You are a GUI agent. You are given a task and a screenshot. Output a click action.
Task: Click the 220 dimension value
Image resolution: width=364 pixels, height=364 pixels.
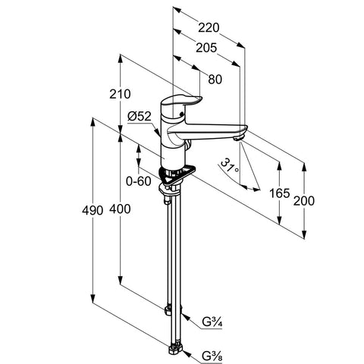209,27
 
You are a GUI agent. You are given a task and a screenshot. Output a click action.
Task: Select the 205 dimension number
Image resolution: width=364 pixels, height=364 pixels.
206,48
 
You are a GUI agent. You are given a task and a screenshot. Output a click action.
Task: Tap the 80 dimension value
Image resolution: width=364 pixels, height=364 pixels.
215,80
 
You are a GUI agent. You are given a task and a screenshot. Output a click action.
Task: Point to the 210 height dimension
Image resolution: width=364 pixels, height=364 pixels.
120,94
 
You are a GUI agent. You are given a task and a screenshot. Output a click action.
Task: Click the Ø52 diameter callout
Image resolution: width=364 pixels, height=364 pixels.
140,116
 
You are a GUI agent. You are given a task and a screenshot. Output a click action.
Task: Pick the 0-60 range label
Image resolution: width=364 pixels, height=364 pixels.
139,181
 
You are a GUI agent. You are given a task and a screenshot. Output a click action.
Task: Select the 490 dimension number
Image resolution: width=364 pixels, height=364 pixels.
93,210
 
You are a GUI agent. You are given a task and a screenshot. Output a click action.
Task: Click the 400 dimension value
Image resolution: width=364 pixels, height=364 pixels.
120,209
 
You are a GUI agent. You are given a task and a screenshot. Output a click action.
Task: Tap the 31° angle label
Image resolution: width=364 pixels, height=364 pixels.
230,166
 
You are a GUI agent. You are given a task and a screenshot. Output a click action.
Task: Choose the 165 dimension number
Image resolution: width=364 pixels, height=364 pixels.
279,193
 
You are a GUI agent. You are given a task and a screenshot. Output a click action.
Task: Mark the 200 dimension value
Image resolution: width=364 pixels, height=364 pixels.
304,201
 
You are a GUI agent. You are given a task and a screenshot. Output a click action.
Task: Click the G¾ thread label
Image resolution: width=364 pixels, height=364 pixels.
212,322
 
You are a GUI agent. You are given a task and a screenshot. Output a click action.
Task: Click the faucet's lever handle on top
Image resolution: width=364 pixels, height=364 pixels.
181,101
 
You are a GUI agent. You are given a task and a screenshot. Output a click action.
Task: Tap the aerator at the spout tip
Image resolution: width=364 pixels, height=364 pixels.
238,137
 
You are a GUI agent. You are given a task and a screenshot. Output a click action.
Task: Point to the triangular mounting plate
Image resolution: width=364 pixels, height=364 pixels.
177,175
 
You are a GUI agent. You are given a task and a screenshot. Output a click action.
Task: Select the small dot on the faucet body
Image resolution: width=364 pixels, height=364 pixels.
180,114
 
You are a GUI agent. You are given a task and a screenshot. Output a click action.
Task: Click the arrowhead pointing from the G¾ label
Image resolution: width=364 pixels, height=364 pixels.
184,316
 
